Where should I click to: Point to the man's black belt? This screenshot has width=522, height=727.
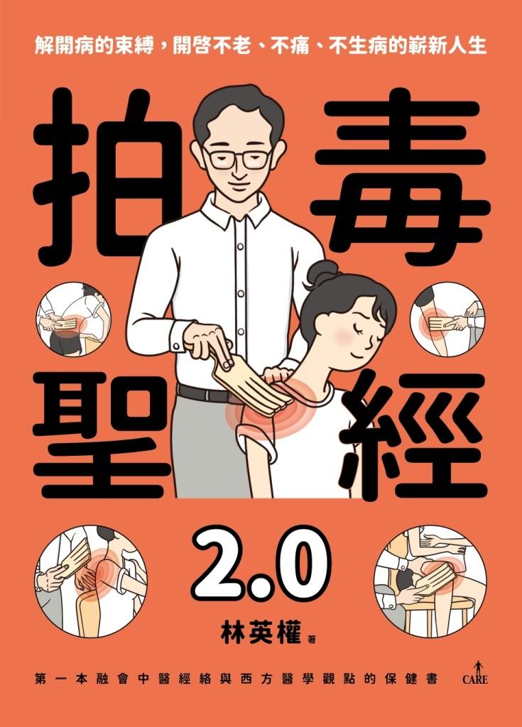click(206, 395)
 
